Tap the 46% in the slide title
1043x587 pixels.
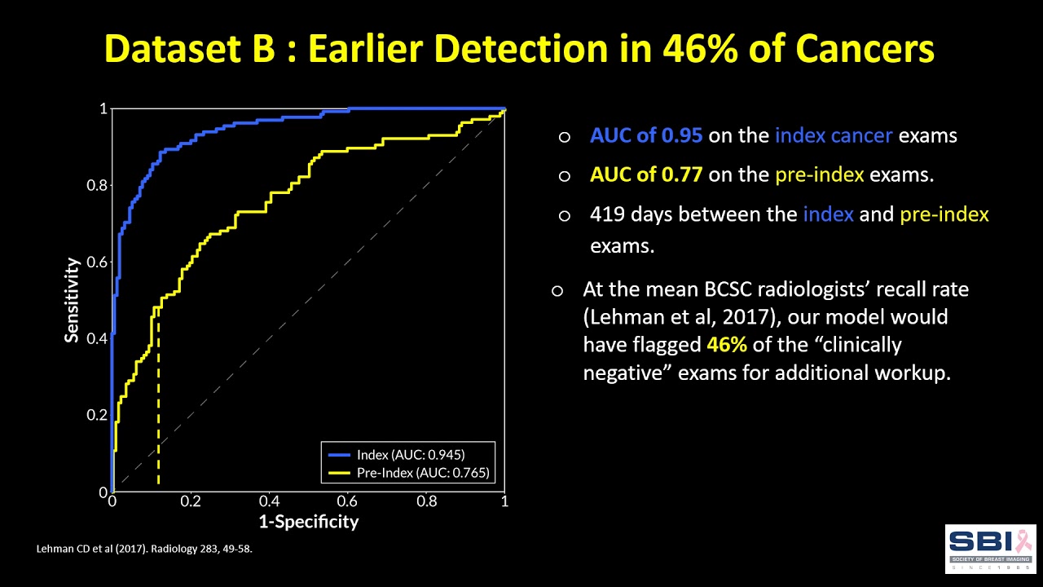[702, 49]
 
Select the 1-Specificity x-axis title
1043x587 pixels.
[308, 521]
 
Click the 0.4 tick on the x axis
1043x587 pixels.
[269, 501]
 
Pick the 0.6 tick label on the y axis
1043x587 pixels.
[97, 262]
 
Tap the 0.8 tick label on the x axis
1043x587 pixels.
[426, 501]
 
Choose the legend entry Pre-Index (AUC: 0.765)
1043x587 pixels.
[410, 472]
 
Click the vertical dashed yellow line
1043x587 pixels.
[158, 408]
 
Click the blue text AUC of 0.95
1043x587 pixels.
[645, 136]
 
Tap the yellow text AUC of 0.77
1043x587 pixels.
[645, 174]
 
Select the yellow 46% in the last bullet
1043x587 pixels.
[727, 344]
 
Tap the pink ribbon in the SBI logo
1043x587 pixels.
[1022, 539]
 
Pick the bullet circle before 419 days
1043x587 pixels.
[564, 215]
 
